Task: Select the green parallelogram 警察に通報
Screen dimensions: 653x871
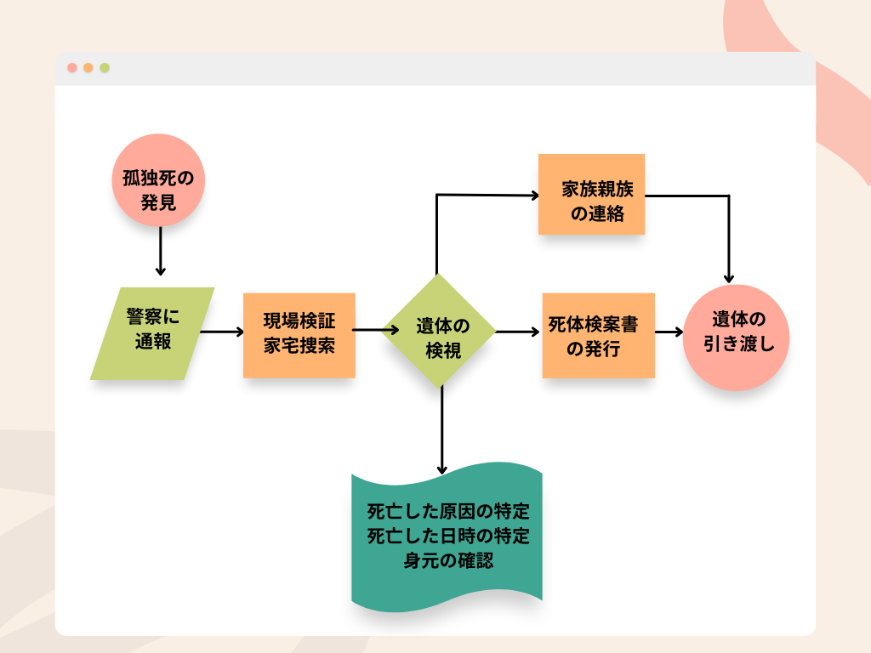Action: [152, 332]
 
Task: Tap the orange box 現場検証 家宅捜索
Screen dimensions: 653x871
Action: [299, 335]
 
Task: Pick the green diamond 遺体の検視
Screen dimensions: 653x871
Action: [441, 332]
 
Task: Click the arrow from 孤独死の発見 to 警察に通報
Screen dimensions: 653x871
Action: [159, 251]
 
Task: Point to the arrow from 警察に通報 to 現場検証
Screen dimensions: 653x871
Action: [221, 332]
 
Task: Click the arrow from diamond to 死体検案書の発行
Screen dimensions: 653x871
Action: [517, 332]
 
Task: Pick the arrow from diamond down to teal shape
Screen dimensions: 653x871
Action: [441, 429]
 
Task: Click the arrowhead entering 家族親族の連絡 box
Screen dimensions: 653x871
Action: [534, 196]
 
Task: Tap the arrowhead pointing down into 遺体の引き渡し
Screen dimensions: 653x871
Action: [729, 277]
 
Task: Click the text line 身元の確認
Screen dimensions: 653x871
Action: [447, 561]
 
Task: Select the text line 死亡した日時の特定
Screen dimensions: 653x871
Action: [447, 537]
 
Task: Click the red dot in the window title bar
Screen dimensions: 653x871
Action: [72, 68]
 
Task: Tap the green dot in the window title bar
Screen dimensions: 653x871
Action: [105, 68]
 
